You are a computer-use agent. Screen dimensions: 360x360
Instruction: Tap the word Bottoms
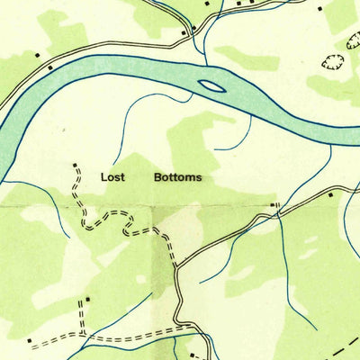[x=177, y=177]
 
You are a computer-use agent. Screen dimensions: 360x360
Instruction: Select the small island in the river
[x=212, y=86]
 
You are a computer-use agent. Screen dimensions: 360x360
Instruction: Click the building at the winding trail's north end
[x=75, y=166]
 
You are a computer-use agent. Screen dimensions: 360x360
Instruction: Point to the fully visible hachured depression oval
[x=333, y=61]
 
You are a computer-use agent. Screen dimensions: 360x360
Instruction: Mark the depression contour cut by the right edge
[x=353, y=40]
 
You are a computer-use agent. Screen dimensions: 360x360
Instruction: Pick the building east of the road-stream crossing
[x=330, y=194]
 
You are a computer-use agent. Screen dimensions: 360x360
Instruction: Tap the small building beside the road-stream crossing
[x=274, y=206]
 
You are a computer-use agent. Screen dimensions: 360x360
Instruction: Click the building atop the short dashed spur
[x=89, y=298]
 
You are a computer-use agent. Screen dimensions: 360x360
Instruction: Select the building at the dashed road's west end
[x=31, y=341]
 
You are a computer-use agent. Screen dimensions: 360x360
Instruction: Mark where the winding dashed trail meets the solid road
[x=177, y=265]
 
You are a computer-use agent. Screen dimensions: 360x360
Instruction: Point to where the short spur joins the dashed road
[x=83, y=336]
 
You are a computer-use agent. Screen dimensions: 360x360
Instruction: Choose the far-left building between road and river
[x=50, y=67]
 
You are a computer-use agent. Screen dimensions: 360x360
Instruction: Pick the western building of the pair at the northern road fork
[x=184, y=32]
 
